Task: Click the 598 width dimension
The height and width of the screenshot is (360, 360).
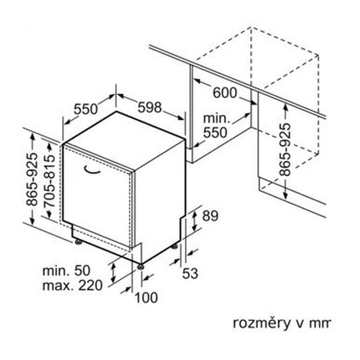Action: [x=150, y=108]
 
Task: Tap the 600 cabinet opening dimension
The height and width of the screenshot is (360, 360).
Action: [x=224, y=93]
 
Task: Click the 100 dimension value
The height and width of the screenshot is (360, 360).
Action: [x=147, y=298]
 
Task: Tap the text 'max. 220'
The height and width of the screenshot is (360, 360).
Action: [x=73, y=284]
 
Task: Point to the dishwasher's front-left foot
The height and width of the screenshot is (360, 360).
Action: [x=78, y=241]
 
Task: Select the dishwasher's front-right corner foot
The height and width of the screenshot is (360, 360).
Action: [x=140, y=266]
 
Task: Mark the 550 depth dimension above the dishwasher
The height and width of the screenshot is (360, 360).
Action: [x=85, y=109]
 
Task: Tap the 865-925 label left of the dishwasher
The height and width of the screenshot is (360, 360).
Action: [x=32, y=180]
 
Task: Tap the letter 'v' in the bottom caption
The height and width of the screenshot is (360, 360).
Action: [x=298, y=323]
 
